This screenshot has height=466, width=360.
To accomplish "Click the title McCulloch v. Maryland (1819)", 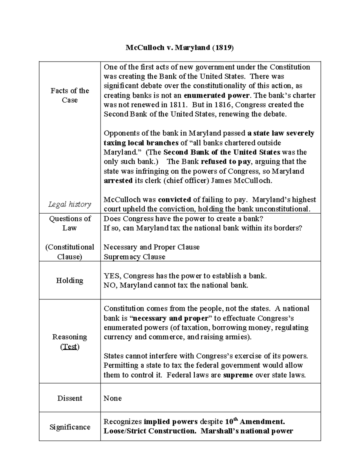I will point(179,48).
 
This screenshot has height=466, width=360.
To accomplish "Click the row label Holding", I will point(70,281).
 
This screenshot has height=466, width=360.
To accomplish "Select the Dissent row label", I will point(70,398).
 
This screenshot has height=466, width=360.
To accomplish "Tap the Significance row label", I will point(70,427).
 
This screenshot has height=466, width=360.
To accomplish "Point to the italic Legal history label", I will point(70,204).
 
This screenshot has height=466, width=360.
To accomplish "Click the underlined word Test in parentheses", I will point(70,347).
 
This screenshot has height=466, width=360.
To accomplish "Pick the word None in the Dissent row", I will point(112,398).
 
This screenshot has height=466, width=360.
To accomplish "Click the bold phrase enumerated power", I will point(216,95).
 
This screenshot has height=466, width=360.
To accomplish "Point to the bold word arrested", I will point(118,181).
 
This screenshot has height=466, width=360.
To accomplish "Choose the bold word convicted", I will point(174,200).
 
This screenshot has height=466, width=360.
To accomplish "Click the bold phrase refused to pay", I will point(226,162).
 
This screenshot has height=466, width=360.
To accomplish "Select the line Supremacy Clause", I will point(134,257).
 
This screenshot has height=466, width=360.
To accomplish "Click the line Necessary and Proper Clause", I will point(151,247).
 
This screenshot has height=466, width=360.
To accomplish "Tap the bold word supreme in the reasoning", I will point(238,375).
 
